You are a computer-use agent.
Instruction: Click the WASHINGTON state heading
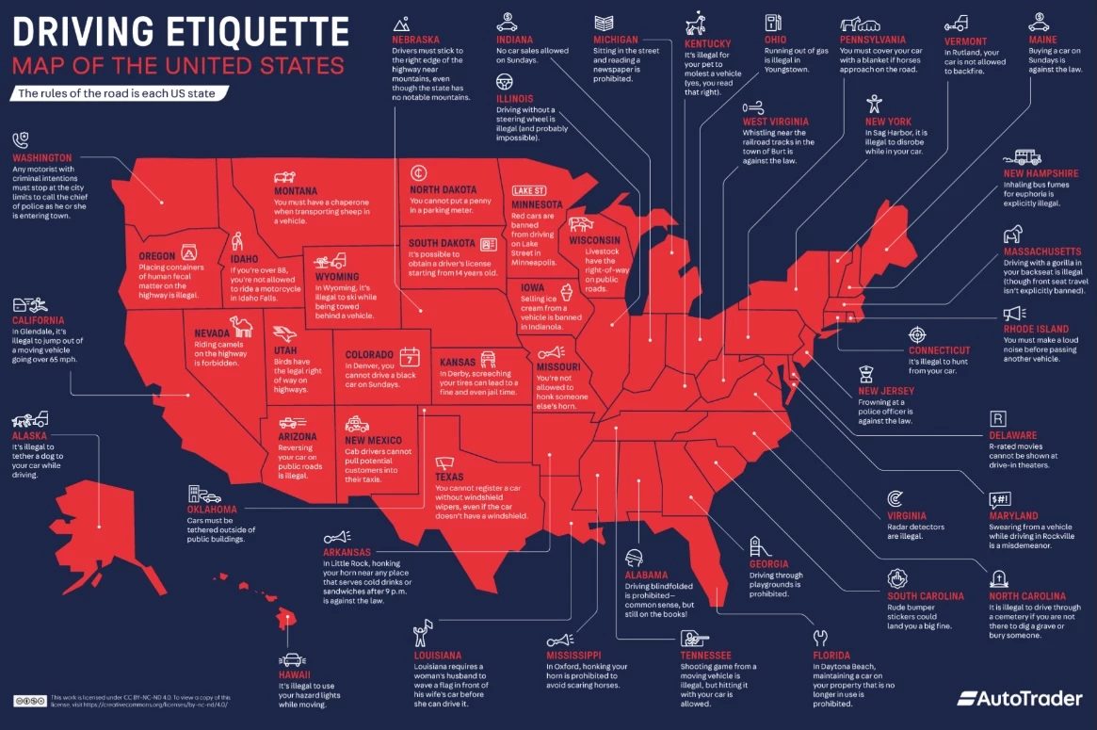click(x=42, y=158)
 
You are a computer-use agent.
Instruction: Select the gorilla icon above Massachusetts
click(x=1012, y=235)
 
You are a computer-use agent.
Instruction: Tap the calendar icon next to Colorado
click(x=410, y=357)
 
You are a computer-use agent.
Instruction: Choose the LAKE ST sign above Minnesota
click(x=528, y=190)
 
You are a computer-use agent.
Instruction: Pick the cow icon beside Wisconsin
click(x=580, y=226)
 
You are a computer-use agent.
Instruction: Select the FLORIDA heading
click(x=832, y=655)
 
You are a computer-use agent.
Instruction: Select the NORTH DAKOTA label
click(x=444, y=189)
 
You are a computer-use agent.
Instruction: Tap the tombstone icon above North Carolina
click(x=997, y=577)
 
